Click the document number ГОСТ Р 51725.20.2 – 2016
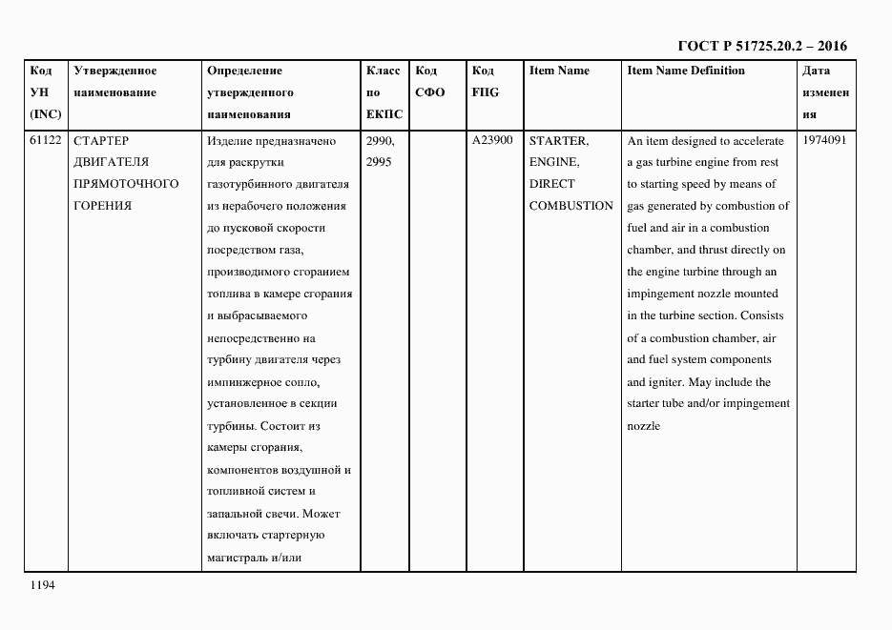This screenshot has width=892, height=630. tap(761, 46)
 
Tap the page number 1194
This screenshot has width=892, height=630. tap(43, 585)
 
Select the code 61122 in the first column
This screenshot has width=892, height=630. tap(46, 141)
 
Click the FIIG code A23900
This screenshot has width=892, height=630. tap(492, 141)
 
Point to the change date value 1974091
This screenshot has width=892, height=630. tap(824, 141)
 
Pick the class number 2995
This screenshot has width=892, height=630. tap(379, 162)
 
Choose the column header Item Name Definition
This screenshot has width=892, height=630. tap(686, 71)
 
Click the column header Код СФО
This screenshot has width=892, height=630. tap(430, 82)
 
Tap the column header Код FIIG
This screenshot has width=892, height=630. tap(485, 82)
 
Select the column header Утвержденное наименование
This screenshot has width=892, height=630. tap(115, 82)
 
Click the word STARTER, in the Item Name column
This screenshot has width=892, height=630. tap(558, 141)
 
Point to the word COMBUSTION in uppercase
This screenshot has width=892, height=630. tap(570, 206)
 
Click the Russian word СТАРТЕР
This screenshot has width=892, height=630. tap(101, 141)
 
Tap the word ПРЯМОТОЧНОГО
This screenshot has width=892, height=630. tap(126, 184)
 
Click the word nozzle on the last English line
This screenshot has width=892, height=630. tap(643, 426)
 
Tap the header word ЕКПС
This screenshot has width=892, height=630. tap(384, 114)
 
